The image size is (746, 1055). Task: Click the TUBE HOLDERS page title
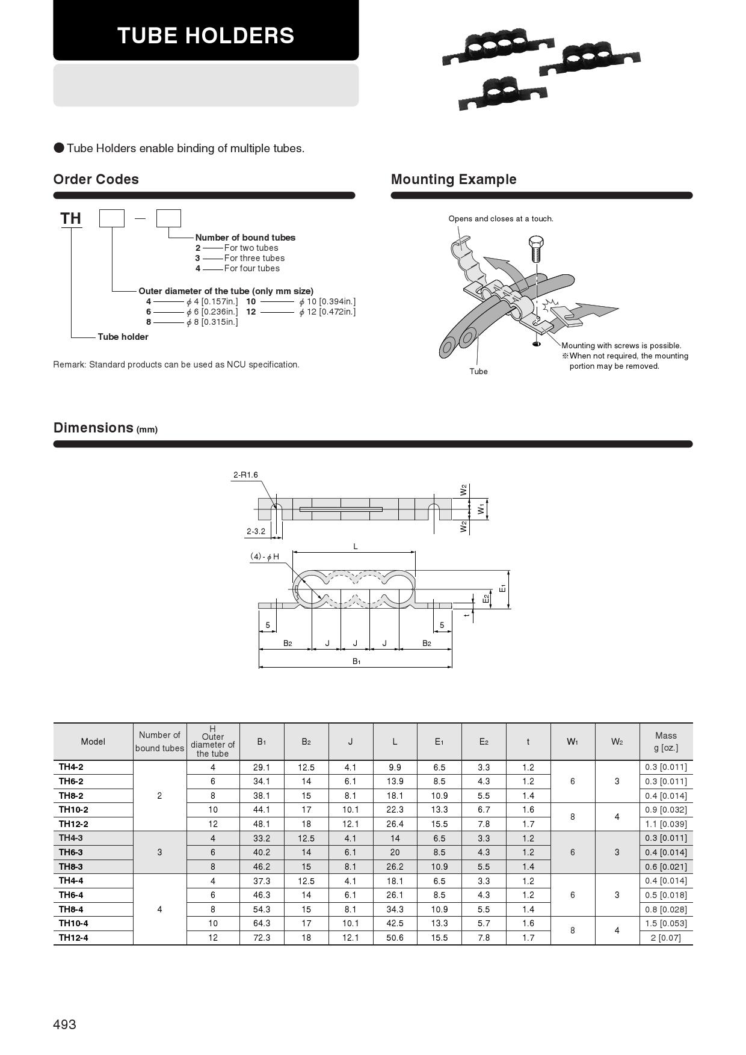click(206, 35)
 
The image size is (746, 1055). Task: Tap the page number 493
click(65, 1024)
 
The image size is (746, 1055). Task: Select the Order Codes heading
click(96, 179)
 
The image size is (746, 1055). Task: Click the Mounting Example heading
click(454, 179)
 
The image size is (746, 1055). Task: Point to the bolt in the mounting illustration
click(535, 247)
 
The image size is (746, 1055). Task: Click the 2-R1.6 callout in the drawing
click(245, 475)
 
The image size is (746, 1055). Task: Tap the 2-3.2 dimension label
click(256, 531)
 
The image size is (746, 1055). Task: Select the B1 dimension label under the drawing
click(356, 661)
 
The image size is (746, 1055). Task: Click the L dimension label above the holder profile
click(356, 546)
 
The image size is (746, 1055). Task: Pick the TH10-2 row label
click(73, 810)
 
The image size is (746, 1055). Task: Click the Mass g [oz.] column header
click(666, 742)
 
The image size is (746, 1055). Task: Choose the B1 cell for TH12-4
click(262, 938)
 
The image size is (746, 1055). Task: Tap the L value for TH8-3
click(395, 867)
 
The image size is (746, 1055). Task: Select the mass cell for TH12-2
click(666, 824)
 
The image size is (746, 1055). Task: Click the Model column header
click(93, 742)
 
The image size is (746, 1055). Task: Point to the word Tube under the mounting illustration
click(478, 371)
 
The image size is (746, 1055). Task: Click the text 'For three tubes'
click(254, 258)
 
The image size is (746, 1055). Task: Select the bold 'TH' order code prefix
click(70, 218)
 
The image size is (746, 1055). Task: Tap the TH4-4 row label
click(71, 881)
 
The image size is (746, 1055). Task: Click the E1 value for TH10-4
click(439, 923)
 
